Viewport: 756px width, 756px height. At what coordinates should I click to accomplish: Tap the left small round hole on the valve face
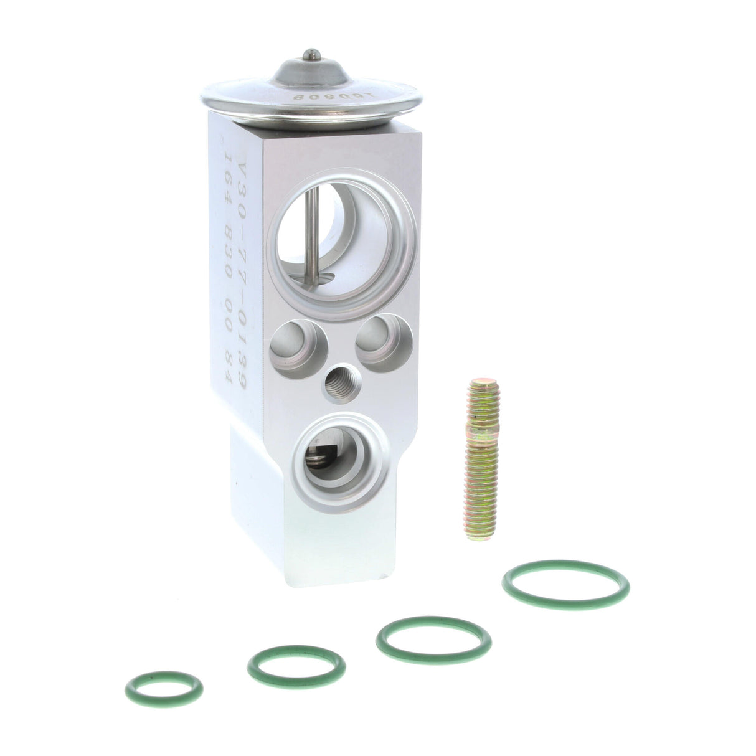[x=298, y=343]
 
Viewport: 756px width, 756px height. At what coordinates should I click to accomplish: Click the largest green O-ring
[x=565, y=585]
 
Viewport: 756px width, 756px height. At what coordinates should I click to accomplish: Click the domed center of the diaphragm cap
[x=308, y=72]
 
